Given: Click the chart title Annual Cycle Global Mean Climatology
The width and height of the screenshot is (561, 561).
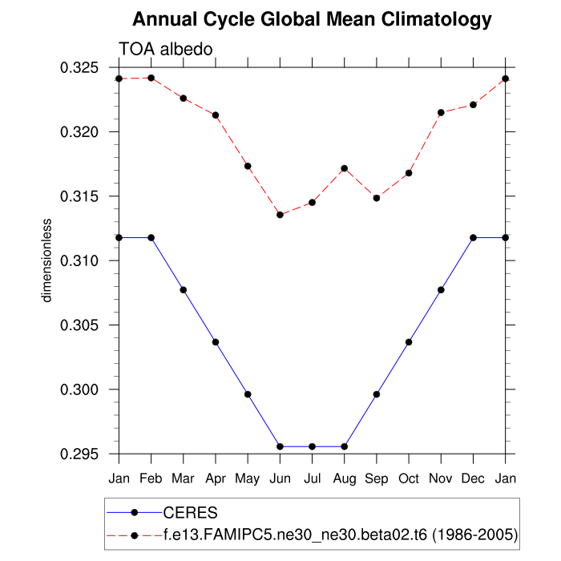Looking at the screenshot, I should coord(312,18).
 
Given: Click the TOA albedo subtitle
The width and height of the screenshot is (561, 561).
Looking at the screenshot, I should coord(165,50).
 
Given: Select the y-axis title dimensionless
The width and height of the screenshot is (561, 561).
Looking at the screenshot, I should coord(47,260).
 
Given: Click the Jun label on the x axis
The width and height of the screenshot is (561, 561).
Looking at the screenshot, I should coord(280,479).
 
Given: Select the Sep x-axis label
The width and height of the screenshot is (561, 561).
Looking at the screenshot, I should coord(377,479).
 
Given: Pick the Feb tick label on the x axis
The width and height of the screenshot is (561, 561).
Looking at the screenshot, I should coord(151,479).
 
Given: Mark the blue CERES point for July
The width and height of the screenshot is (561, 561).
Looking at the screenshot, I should coord(312,446).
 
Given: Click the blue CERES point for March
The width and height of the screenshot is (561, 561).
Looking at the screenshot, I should coord(184,289).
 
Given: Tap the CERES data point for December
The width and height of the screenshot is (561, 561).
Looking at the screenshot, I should coord(473,238).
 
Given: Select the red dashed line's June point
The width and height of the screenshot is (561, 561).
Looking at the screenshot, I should coord(280,215).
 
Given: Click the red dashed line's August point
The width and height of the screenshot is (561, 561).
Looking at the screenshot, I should coord(345,168).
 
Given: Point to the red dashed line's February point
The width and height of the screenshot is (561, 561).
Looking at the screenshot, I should coord(151,78).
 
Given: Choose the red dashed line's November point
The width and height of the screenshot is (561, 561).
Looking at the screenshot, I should coord(441,112).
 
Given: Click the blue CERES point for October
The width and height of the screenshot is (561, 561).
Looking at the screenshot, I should coord(409,342).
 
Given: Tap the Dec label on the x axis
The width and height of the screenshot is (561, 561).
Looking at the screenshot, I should coord(473,479).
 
